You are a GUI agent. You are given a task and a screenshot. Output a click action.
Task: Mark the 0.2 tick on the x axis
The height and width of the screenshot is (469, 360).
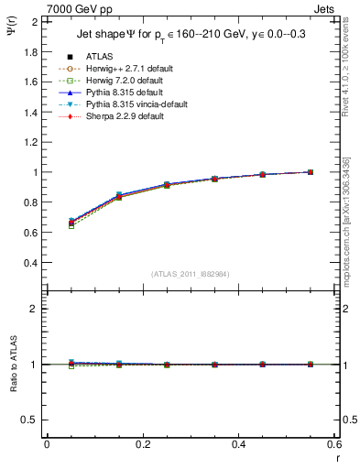tap(143, 443)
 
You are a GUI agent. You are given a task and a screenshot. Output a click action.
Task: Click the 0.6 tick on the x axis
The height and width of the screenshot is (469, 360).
tap(334, 443)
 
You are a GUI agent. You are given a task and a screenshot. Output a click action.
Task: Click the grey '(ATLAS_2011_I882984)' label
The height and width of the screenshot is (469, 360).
tap(189, 275)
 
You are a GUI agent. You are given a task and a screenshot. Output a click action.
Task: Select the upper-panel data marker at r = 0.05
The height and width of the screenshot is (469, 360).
tap(71, 222)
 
